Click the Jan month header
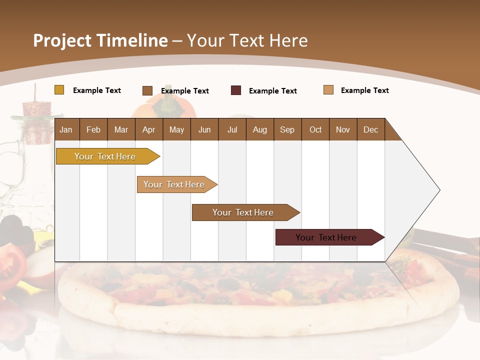point(66,129)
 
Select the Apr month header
point(148,129)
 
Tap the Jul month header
point(232,129)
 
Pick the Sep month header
point(287,129)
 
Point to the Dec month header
point(370,129)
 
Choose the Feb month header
point(93,129)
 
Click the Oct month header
point(315,129)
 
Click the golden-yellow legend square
point(59,90)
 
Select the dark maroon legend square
point(236,90)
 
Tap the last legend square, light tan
point(328,90)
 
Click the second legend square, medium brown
point(147,90)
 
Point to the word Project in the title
point(62,40)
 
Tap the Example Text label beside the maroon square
point(272,91)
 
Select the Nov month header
point(343,129)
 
